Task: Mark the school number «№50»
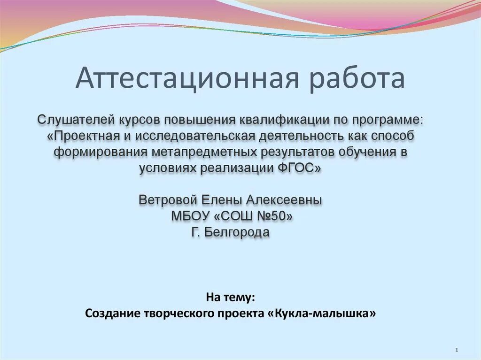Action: pos(273,216)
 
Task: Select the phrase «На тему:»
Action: pos(231,297)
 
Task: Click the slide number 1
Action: pos(458,351)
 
